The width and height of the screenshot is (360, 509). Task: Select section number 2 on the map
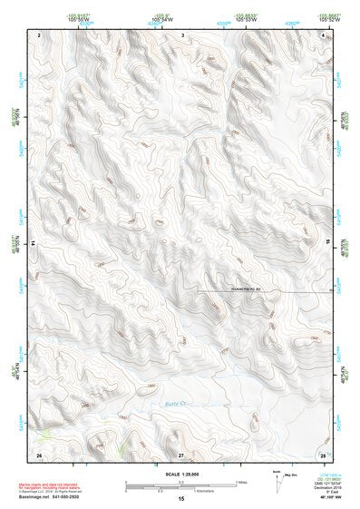(40, 34)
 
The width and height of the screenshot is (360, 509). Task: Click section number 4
(323, 34)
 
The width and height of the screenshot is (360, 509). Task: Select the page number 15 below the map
(181, 500)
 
